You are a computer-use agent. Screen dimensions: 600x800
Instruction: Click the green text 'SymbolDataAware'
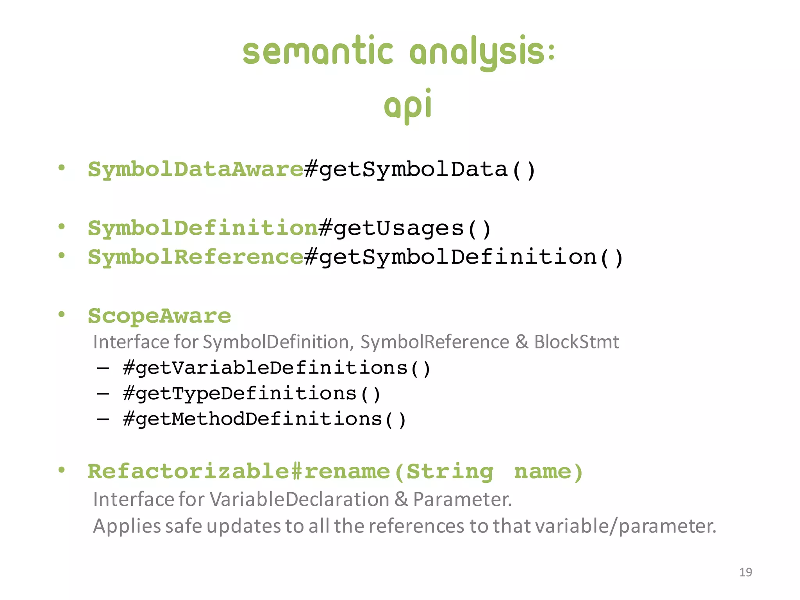pos(196,170)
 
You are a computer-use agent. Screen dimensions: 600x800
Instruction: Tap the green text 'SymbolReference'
pos(196,257)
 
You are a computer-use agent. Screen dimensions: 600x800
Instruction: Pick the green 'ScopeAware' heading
pos(159,316)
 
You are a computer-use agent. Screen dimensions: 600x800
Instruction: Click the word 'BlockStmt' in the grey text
pos(576,342)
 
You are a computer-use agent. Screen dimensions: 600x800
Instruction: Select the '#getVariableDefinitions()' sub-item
pos(277,368)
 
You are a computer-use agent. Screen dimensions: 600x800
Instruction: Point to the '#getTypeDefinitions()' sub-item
pos(252,393)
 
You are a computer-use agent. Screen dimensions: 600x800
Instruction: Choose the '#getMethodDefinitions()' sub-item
pos(264,419)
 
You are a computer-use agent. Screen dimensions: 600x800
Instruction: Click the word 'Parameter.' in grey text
pos(462,499)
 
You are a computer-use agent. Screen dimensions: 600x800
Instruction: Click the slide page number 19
pos(746,572)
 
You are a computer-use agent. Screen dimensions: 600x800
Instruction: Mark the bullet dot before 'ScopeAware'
pos(61,314)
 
